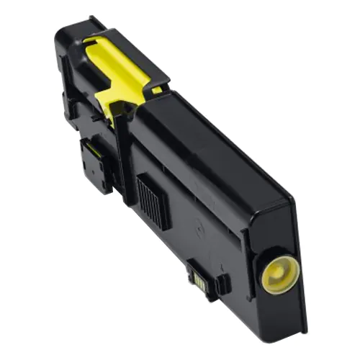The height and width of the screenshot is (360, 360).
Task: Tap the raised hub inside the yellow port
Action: pos(276,271)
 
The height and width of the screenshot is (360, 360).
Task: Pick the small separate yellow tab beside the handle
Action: pos(156,90)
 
